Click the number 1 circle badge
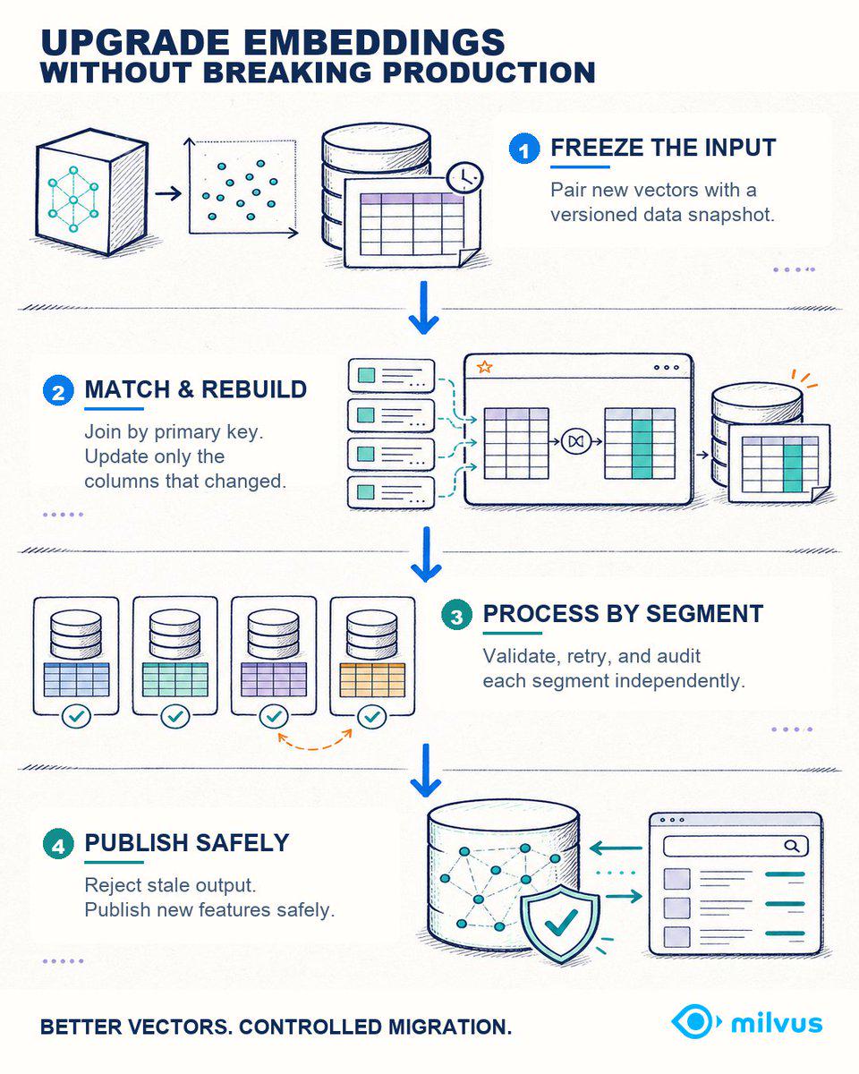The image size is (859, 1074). pos(524,149)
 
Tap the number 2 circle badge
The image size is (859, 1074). pos(58,391)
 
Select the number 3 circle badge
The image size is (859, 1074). pos(456,615)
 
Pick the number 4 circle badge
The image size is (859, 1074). pos(58,844)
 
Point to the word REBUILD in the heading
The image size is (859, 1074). pos(254,389)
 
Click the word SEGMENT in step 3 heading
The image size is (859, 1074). pos(705,613)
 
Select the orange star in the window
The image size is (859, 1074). pos(484,367)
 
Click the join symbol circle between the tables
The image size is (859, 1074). pos(576,441)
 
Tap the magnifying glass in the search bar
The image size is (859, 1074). pos(792,846)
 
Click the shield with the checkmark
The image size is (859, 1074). pos(561,924)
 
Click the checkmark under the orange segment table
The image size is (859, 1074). pos(372,717)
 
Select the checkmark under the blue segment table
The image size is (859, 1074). pos(76,717)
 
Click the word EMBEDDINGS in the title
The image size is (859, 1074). pos(374,42)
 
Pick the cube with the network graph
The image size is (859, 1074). pos(92,192)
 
